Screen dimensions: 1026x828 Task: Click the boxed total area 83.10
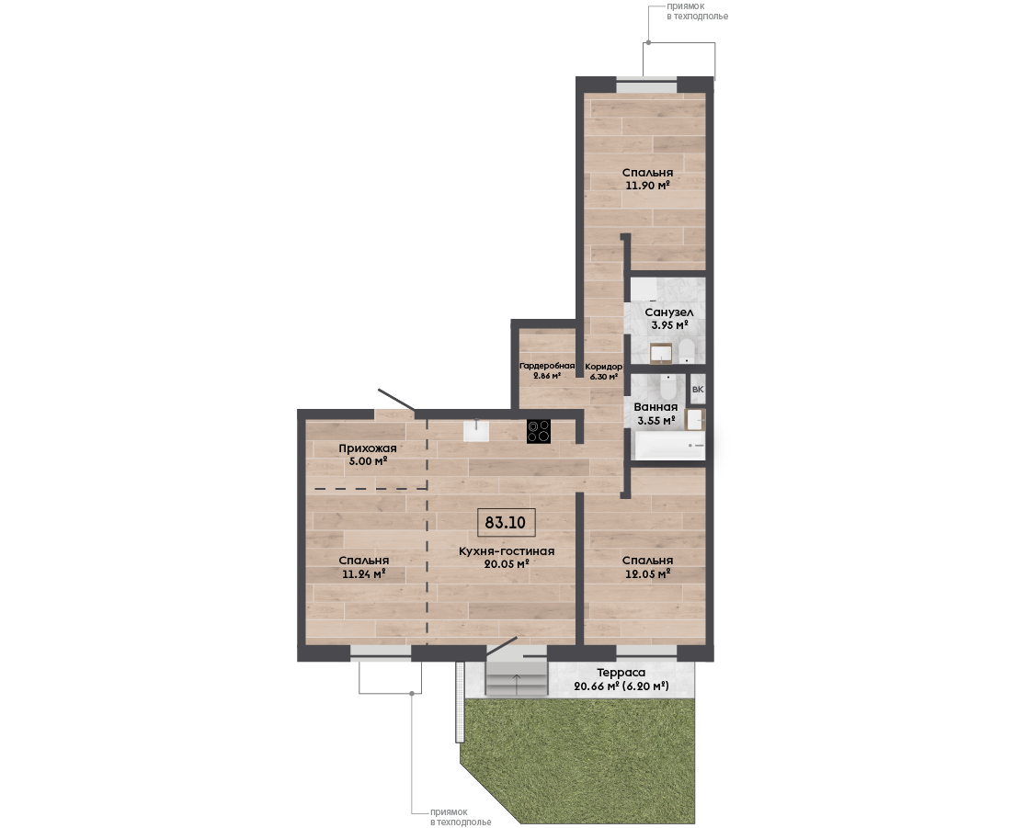506,523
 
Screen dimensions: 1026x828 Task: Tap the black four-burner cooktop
539,432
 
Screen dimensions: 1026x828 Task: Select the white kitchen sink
476,430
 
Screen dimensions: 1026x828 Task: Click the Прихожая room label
368,448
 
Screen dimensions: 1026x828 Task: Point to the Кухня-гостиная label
507,551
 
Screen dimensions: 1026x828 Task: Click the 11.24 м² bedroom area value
364,574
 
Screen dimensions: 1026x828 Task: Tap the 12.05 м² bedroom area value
648,574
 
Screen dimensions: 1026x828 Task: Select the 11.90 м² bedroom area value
648,185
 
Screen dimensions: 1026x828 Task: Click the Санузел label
668,312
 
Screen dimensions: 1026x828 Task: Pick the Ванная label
655,407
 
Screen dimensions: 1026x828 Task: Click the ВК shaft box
698,390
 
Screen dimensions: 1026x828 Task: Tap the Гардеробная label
547,367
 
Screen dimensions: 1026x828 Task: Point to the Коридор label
603,367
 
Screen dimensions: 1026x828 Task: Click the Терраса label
621,673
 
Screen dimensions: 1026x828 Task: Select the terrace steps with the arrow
517,677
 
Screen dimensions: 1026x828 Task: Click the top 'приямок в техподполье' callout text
697,11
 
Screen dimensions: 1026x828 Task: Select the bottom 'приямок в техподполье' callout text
461,817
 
